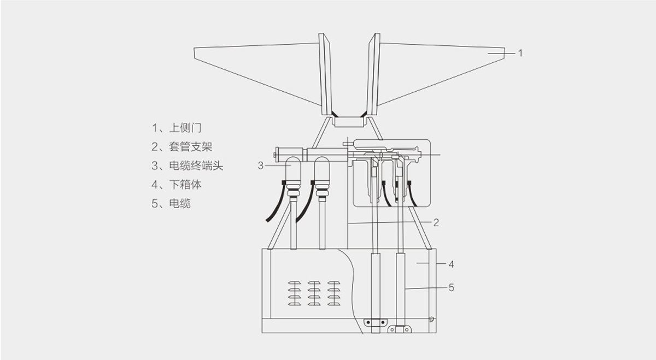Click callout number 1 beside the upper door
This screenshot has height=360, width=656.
pyautogui.click(x=520, y=54)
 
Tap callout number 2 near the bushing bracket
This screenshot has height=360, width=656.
pyautogui.click(x=436, y=223)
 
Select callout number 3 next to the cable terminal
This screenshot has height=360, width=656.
pyautogui.click(x=260, y=166)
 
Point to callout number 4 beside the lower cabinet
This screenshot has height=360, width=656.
pyautogui.click(x=452, y=264)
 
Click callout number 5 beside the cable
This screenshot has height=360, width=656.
pyautogui.click(x=452, y=288)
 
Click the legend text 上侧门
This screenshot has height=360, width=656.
pyautogui.click(x=185, y=128)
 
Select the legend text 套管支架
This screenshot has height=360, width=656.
pyautogui.click(x=191, y=147)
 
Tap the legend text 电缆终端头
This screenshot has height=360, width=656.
pyautogui.click(x=196, y=166)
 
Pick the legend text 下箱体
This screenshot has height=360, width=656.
pyautogui.click(x=185, y=185)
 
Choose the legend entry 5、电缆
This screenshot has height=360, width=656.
pyautogui.click(x=171, y=204)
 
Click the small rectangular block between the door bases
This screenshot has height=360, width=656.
pyautogui.click(x=349, y=122)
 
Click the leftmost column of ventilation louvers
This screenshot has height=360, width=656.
pyautogui.click(x=294, y=293)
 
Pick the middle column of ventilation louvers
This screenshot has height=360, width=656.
pyautogui.click(x=314, y=293)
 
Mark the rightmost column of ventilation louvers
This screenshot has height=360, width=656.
pyautogui.click(x=333, y=293)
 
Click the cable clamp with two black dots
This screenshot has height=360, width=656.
pyautogui.click(x=376, y=322)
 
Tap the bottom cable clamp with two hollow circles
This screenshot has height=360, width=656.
pyautogui.click(x=400, y=329)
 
